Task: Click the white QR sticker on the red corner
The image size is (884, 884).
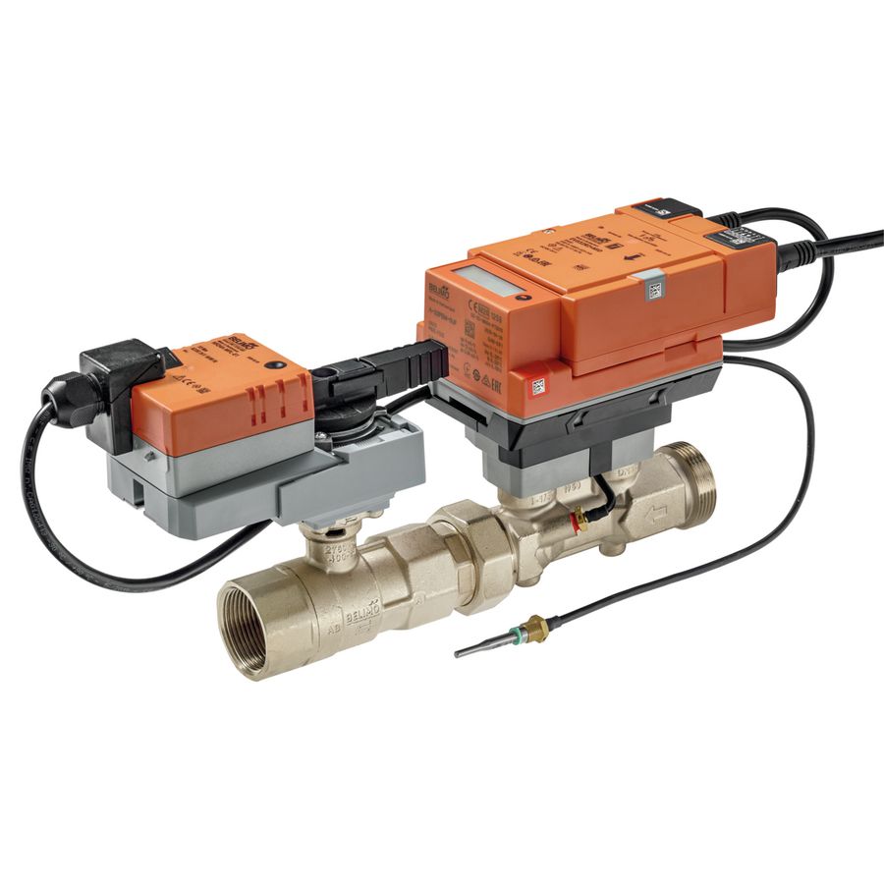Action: pyautogui.click(x=538, y=386)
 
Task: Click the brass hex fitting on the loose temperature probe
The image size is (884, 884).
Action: pyautogui.click(x=535, y=628)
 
